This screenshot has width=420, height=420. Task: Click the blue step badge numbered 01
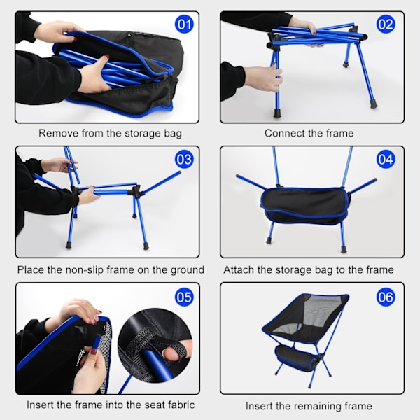click(x=184, y=24)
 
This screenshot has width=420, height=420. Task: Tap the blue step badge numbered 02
click(x=386, y=24)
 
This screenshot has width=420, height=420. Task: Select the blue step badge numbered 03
click(x=184, y=160)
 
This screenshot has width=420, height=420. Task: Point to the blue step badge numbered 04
click(x=386, y=160)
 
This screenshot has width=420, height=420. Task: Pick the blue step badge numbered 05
click(x=184, y=297)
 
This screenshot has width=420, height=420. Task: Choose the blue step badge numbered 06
click(x=386, y=297)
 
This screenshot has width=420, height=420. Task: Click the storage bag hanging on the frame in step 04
click(x=305, y=206)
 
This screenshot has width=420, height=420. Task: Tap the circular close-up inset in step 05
click(x=155, y=346)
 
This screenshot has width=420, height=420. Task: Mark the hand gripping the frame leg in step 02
click(x=264, y=78)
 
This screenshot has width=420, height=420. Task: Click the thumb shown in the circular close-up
click(x=174, y=353)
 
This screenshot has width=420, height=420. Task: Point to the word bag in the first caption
click(x=173, y=134)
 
